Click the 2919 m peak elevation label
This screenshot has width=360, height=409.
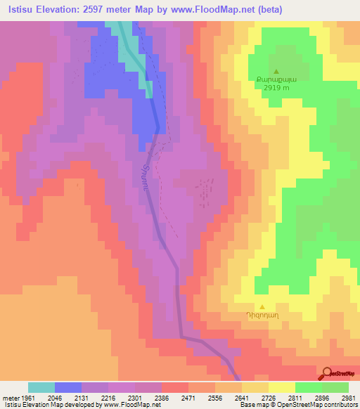(276, 89)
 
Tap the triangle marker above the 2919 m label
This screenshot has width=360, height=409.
(276, 71)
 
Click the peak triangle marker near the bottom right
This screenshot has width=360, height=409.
(262, 306)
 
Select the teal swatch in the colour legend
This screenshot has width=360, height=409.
(41, 387)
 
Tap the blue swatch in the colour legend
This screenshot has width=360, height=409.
(68, 387)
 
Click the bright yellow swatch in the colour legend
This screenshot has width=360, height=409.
(282, 387)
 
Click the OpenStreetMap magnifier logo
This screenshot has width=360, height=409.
(327, 372)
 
